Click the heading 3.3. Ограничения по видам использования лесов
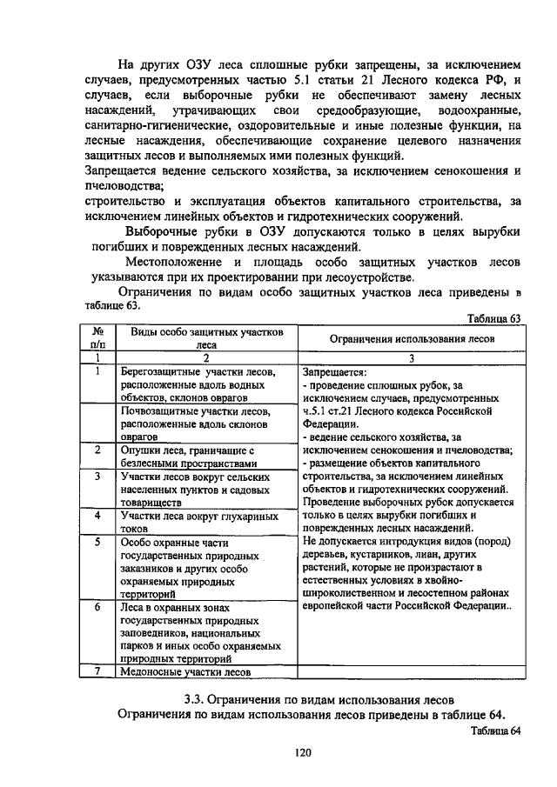[319, 699]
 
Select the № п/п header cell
[99, 338]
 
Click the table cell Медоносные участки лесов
[185, 671]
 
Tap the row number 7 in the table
[99, 671]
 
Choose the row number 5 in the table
[99, 543]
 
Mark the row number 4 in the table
[99, 517]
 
